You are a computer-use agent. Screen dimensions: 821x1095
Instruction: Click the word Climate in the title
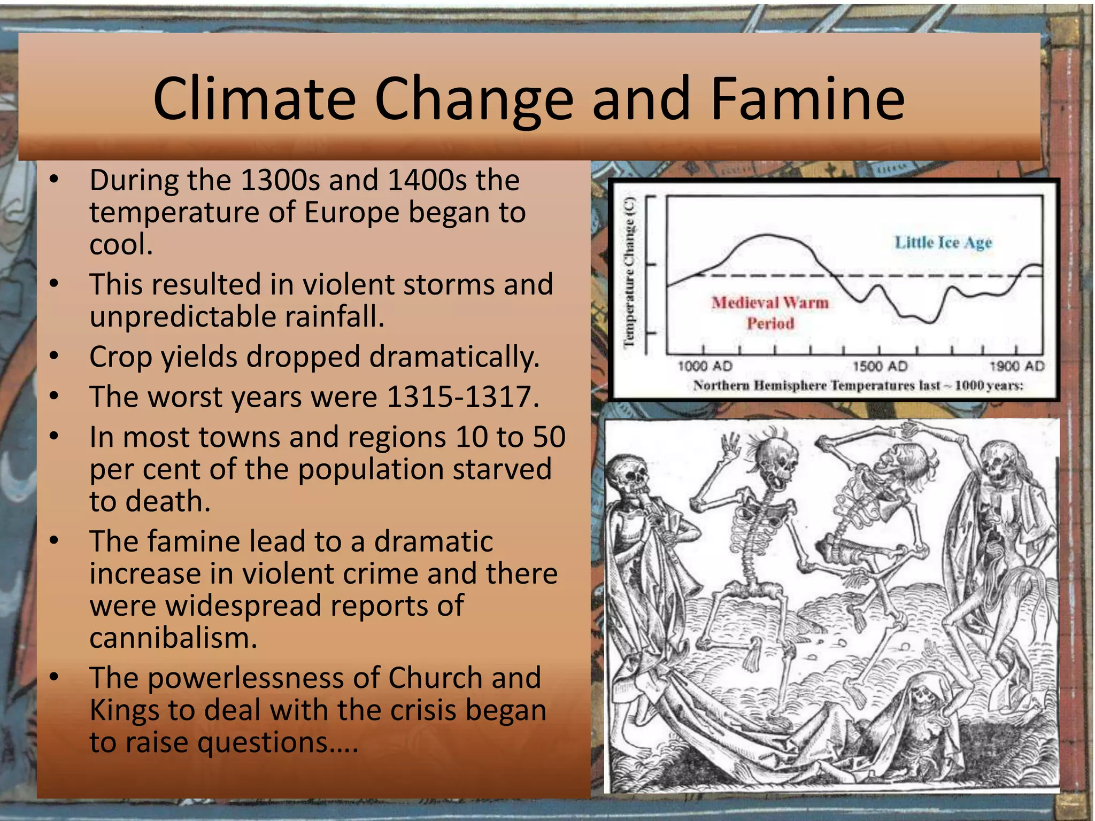pyautogui.click(x=255, y=99)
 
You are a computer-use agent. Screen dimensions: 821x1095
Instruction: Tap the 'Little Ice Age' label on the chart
pyautogui.click(x=944, y=243)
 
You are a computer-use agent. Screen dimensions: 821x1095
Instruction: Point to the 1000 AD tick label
pyautogui.click(x=704, y=366)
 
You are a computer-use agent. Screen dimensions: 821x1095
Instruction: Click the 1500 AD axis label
pyautogui.click(x=880, y=366)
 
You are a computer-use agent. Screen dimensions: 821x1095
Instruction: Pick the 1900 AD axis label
pyautogui.click(x=1016, y=366)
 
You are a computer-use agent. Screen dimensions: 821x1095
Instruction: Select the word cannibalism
pyautogui.click(x=173, y=638)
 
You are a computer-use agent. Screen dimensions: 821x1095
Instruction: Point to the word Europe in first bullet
pyautogui.click(x=352, y=213)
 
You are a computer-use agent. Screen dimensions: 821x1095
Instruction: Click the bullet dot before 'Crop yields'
pyautogui.click(x=53, y=357)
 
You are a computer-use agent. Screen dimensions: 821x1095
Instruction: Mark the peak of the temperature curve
pyautogui.click(x=767, y=235)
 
